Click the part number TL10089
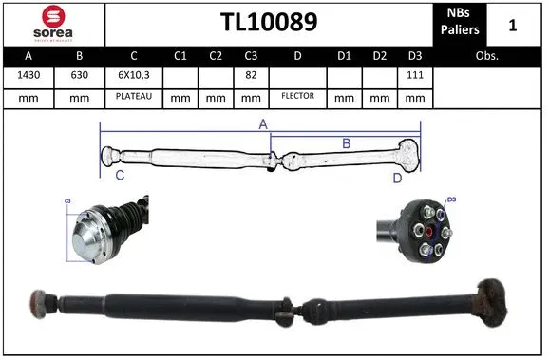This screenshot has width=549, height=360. coord(269,22)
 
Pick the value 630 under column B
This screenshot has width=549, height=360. coord(79,75)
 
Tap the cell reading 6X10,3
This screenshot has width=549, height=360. coord(134,75)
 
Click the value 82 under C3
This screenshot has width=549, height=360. coord(252,75)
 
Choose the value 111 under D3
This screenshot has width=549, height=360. coord(415,75)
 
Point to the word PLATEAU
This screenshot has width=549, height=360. coord(134,97)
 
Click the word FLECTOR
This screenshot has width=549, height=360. coord(297,97)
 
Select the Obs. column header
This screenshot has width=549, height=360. coord(487,55)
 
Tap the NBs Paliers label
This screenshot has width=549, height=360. coord(460,23)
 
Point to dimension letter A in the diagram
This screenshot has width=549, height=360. coord(263,124)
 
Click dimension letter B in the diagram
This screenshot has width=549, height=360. coord(346,143)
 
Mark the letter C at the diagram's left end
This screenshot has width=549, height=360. coord(120,176)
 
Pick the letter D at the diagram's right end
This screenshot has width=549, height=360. coord(398,177)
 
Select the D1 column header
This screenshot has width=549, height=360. coord(345,55)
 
